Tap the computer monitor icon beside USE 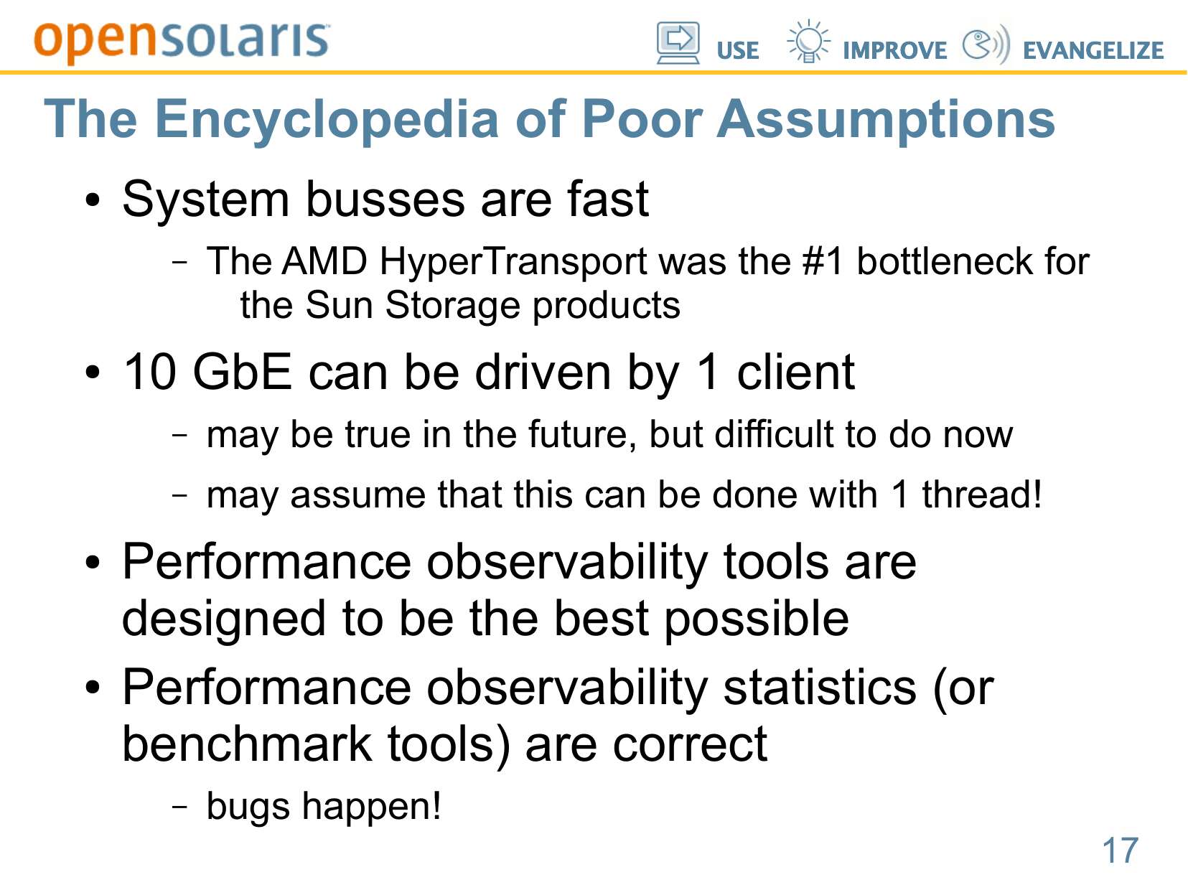click(x=678, y=43)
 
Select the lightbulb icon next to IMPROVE click(x=808, y=41)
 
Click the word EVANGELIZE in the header click(x=1093, y=50)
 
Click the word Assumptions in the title click(x=886, y=120)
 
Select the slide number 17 click(x=1120, y=850)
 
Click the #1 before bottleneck click(x=822, y=261)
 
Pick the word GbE click(x=243, y=372)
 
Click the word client click(x=795, y=372)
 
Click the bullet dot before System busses click(x=93, y=200)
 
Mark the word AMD click(x=324, y=261)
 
